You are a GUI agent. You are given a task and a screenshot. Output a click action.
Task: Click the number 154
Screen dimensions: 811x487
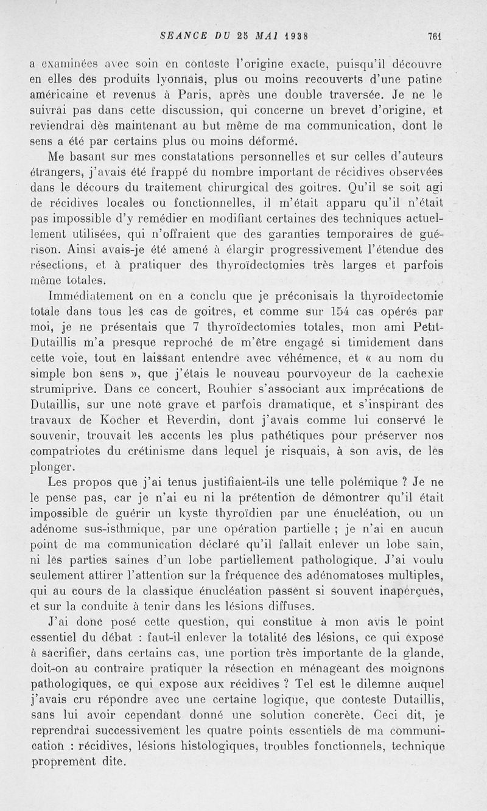(x=338, y=314)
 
